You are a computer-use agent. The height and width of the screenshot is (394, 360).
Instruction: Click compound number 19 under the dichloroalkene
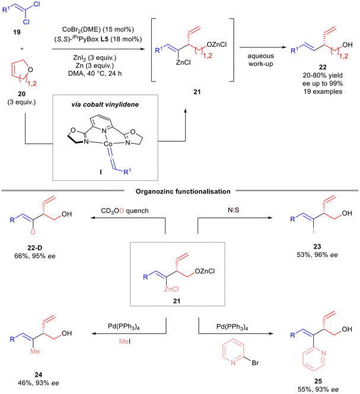[x=17, y=32]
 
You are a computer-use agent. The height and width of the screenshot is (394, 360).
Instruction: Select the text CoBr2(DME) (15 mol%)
[x=98, y=30]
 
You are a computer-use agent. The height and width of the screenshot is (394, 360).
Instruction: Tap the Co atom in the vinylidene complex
[x=108, y=144]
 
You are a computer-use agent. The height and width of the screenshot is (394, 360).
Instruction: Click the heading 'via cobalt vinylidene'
[x=105, y=104]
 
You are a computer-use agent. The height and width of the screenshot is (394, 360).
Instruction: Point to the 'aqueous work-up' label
[x=260, y=60]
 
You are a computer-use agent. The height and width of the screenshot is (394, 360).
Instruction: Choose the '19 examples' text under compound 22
[x=323, y=91]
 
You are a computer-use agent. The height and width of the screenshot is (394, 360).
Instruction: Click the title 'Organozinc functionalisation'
[x=183, y=192]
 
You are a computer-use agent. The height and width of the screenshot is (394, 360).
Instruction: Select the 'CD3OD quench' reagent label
[x=125, y=211]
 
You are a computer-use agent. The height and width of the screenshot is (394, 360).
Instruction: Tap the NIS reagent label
[x=234, y=210]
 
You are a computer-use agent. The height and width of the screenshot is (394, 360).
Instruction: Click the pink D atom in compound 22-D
[x=33, y=232]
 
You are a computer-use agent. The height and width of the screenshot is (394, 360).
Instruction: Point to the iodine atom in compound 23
[x=313, y=231]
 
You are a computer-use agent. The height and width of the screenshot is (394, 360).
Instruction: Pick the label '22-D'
[x=34, y=248]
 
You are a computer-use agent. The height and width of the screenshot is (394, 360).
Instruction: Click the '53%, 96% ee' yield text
[x=317, y=255]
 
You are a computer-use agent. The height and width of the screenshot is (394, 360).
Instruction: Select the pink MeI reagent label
[x=125, y=341]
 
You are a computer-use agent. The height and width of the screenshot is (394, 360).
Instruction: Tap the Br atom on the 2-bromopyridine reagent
[x=255, y=363]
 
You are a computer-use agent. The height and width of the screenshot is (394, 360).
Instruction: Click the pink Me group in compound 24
[x=35, y=351]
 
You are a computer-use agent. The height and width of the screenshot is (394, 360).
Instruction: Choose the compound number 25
[x=318, y=381]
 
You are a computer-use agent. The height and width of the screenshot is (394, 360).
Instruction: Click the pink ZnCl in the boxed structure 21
[x=171, y=289]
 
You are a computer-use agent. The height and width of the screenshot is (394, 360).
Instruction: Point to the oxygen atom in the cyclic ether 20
[x=30, y=69]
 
